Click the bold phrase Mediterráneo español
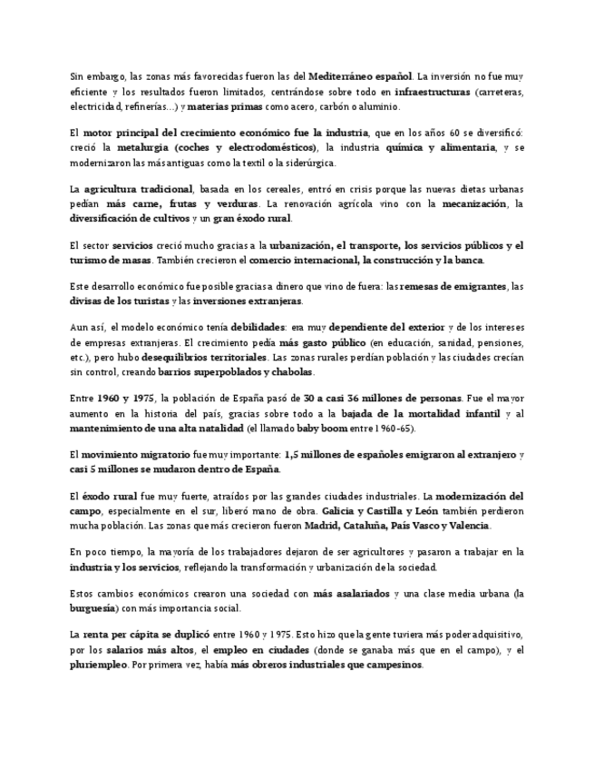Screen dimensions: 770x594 pyautogui.click(x=361, y=76)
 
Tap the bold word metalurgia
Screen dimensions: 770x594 pyautogui.click(x=145, y=147)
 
